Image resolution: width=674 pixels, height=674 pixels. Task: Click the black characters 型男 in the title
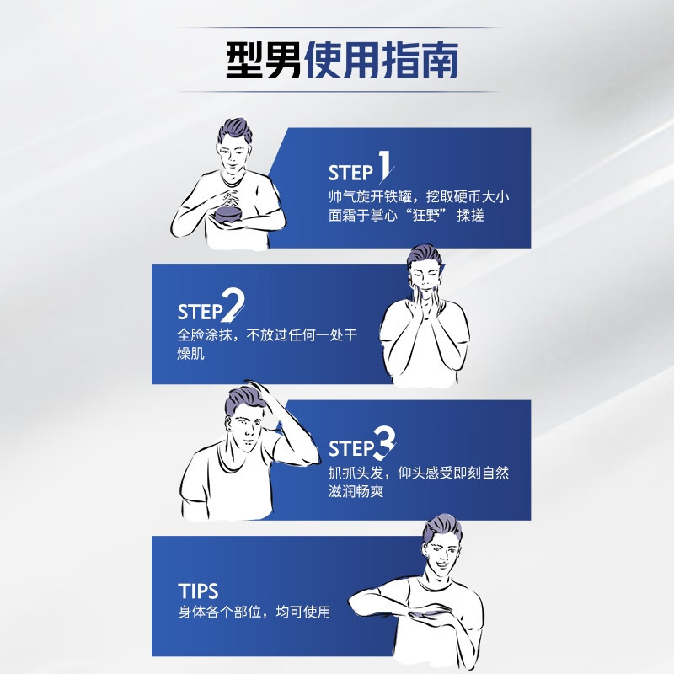pyautogui.click(x=264, y=60)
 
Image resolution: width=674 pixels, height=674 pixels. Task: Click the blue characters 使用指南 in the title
pyautogui.click(x=382, y=60)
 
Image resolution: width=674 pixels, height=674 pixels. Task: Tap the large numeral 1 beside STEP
pyautogui.click(x=386, y=165)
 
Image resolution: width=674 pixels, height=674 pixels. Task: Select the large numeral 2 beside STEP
pyautogui.click(x=233, y=305)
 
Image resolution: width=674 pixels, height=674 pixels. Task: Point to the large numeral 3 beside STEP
pyautogui.click(x=384, y=443)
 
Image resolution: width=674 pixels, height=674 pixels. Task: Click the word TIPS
pyautogui.click(x=198, y=591)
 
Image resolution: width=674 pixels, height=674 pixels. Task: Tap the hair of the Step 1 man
pyautogui.click(x=234, y=130)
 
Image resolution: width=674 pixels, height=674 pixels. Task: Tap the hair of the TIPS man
pyautogui.click(x=443, y=528)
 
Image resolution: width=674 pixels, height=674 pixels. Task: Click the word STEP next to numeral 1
pyautogui.click(x=350, y=173)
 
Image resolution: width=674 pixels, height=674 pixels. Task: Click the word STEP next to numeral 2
pyautogui.click(x=200, y=312)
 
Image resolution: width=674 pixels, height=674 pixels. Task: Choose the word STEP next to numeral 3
pyautogui.click(x=350, y=448)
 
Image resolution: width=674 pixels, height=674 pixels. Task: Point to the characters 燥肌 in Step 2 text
pyautogui.click(x=190, y=353)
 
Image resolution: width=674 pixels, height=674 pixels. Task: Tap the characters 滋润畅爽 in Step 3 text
pyautogui.click(x=356, y=491)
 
